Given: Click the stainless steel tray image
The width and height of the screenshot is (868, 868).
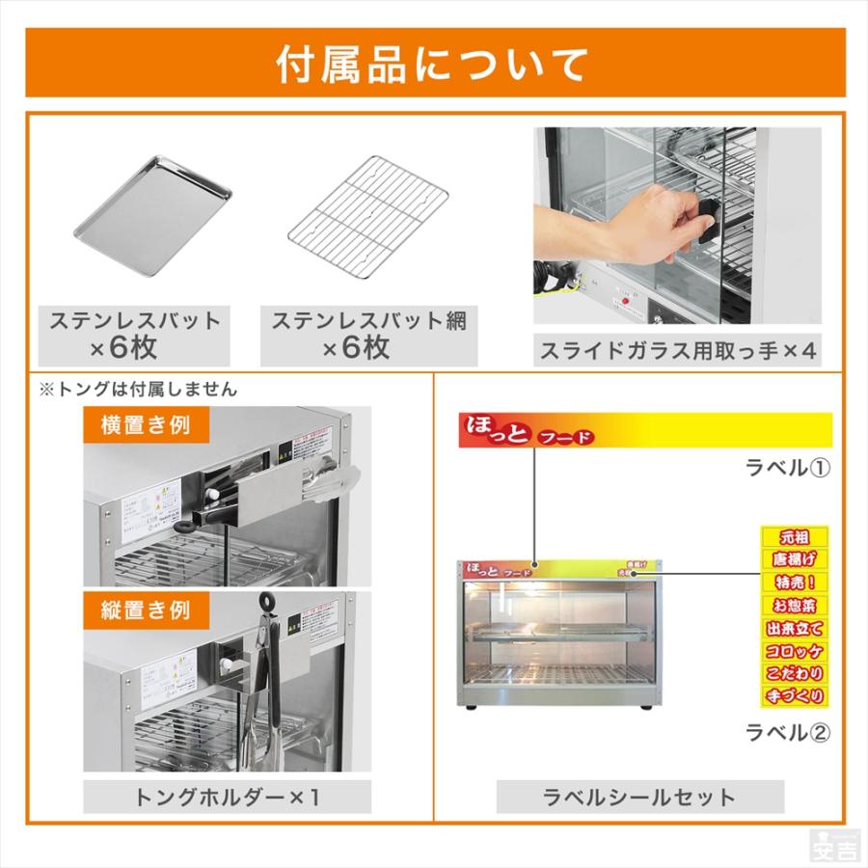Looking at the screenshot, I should coord(154,218).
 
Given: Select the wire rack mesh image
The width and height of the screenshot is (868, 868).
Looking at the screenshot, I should coord(368,218).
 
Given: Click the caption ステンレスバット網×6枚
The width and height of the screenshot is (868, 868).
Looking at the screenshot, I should coord(368,334).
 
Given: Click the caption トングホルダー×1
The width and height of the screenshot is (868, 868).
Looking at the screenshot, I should coord(227,797).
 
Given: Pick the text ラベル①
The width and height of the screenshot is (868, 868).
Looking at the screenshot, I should coord(788,469).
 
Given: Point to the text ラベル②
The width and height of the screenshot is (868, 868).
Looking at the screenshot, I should coord(788,732).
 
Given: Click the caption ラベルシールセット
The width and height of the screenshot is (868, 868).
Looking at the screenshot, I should coord(639,797).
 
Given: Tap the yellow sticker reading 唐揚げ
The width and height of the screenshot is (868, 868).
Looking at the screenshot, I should coord(794,559).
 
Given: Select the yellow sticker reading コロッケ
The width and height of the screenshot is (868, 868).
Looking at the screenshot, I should coord(794,649).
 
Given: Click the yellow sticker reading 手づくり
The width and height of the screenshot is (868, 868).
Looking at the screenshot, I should coord(794,695).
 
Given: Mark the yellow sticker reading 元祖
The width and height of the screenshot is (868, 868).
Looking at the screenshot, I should coord(794,536).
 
